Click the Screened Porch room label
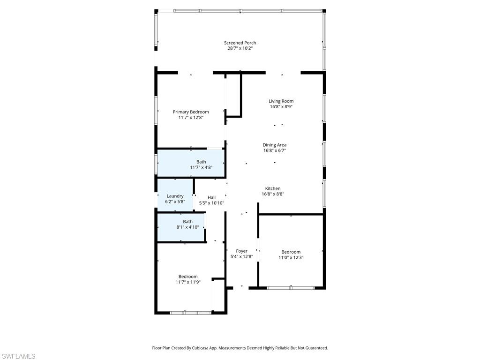click(240, 43)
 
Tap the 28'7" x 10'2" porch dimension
click(240, 48)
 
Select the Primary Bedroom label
click(191, 112)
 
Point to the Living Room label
click(281, 101)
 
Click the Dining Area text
click(275, 145)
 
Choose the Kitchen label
click(273, 188)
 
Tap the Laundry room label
click(175, 196)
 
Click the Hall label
click(211, 197)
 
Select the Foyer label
click(242, 251)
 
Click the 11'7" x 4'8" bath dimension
click(201, 167)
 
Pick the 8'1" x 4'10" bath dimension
click(187, 227)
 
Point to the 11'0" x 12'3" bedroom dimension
click(291, 257)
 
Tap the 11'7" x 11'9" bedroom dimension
click(188, 282)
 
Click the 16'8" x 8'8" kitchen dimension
click(273, 194)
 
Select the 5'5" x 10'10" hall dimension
click(211, 203)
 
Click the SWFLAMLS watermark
click(18, 357)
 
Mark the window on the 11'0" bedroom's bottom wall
click(291, 288)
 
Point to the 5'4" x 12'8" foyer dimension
click(242, 257)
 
